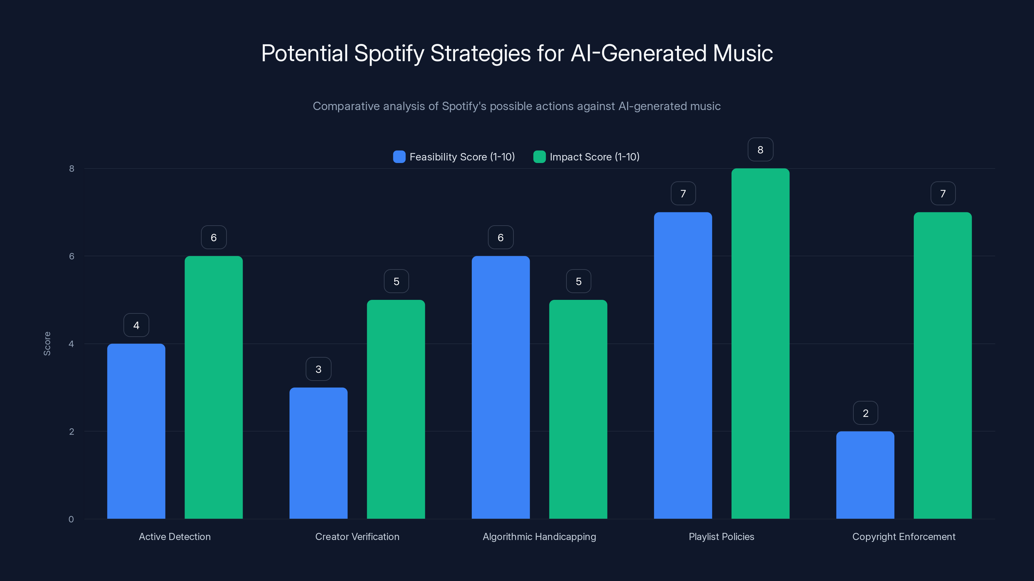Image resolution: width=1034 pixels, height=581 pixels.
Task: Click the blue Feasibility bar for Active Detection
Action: click(x=136, y=431)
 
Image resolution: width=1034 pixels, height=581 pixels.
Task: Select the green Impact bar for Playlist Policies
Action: click(x=760, y=344)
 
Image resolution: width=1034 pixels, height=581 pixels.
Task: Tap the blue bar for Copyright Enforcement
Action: click(x=865, y=475)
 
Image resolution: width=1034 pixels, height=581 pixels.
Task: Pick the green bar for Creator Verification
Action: click(x=396, y=409)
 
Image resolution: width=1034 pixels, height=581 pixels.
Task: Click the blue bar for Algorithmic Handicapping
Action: click(x=501, y=387)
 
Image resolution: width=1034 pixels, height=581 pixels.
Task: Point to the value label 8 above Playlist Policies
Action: click(x=760, y=149)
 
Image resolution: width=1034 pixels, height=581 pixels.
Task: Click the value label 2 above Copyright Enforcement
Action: click(x=865, y=413)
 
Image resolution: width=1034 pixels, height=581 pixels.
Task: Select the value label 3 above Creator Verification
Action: click(x=318, y=369)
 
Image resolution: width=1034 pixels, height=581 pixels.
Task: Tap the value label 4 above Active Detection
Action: click(x=136, y=325)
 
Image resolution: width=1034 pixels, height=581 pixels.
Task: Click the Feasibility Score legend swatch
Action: click(x=399, y=157)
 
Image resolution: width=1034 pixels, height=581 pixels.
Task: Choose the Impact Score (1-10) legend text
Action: click(x=595, y=157)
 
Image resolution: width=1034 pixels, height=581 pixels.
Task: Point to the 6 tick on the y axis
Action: click(x=71, y=256)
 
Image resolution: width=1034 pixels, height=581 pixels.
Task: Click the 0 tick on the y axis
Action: click(x=71, y=519)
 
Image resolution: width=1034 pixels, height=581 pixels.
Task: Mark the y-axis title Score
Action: click(x=47, y=344)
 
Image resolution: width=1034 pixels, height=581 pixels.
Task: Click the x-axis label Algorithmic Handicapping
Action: click(x=539, y=536)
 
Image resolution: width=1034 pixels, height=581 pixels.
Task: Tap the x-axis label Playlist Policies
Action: click(x=721, y=536)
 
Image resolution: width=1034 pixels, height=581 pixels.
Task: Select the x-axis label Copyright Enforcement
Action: click(x=903, y=536)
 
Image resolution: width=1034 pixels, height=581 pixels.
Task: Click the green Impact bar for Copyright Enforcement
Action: click(x=943, y=365)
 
